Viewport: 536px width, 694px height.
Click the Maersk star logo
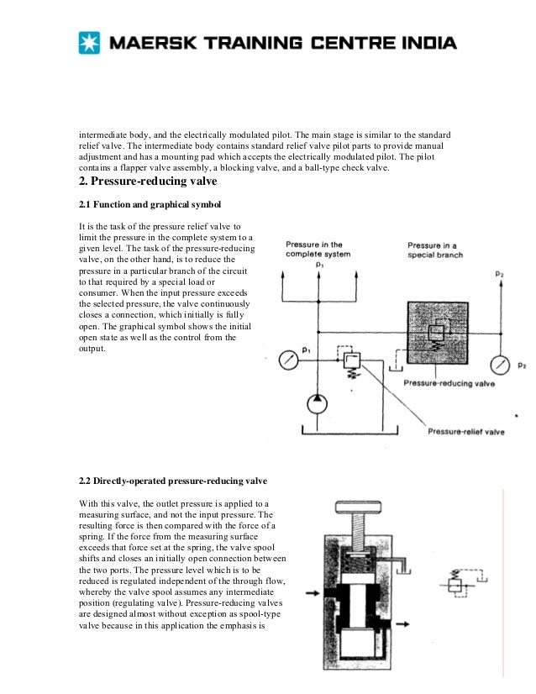click(88, 43)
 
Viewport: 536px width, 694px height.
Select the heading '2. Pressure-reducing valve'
click(148, 181)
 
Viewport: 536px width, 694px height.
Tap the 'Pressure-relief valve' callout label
click(465, 432)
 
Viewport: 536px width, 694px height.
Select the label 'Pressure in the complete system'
click(319, 249)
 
